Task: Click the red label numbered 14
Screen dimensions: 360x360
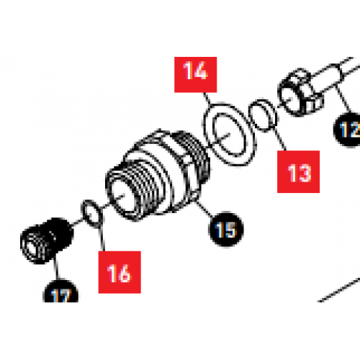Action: tap(194, 72)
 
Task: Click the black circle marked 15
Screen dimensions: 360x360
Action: tap(225, 230)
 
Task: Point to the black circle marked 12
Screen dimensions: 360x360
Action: tap(348, 130)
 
